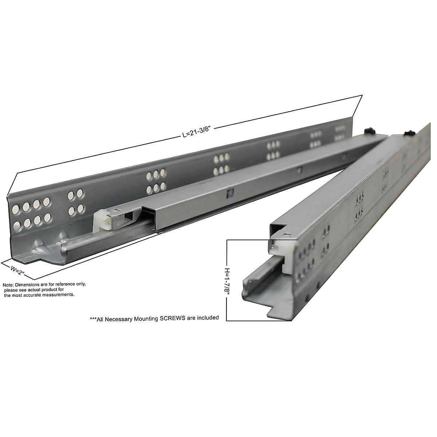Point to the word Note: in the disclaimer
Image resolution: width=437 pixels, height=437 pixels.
point(8,285)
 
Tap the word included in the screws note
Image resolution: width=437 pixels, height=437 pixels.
point(209,318)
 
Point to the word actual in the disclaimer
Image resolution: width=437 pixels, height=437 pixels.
point(32,290)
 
